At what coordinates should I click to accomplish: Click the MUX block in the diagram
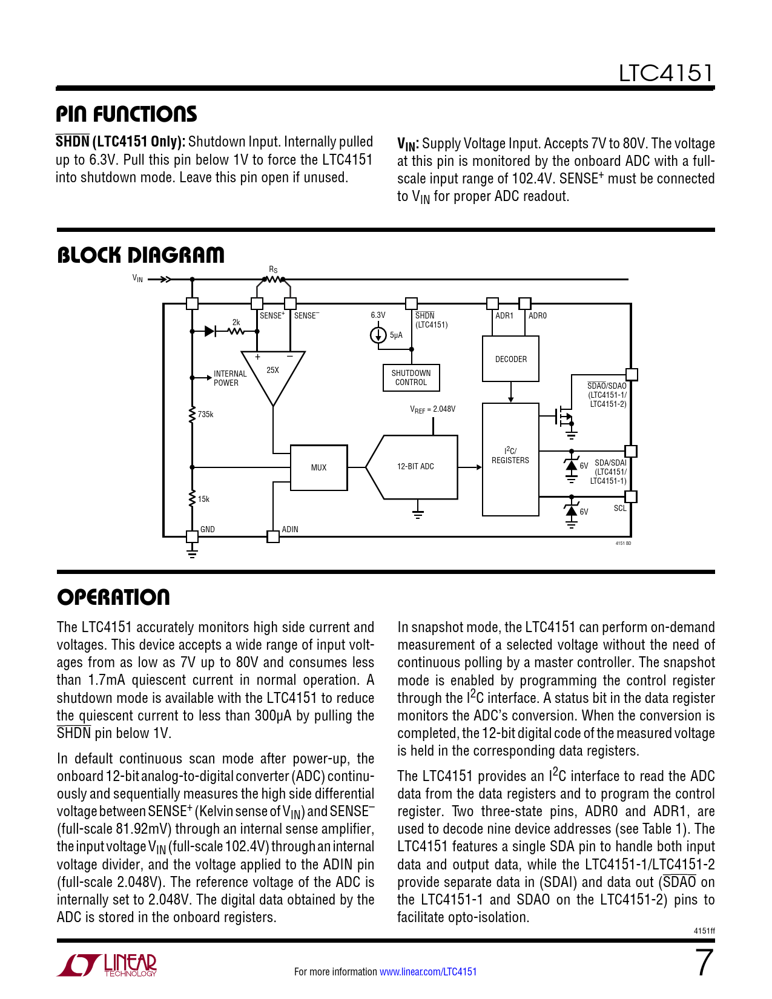pos(319,467)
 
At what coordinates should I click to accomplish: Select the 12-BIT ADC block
pos(415,467)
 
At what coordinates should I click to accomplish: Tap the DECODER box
pos(510,359)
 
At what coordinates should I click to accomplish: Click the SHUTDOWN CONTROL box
pos(411,378)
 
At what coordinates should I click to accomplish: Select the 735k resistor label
pos(205,415)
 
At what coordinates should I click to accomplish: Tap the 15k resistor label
pos(203,499)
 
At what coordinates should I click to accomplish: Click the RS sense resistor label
pos(273,269)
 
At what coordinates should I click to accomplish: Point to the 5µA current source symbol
pos(378,335)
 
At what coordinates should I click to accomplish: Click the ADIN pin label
pos(290,529)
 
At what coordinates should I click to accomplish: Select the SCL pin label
pos(620,508)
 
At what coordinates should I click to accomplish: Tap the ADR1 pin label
pos(504,315)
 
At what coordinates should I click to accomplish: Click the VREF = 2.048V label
pos(432,409)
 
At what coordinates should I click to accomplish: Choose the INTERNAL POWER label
pos(230,378)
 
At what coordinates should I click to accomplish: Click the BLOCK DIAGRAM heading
pos(140,255)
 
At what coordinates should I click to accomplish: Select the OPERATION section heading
pos(113,597)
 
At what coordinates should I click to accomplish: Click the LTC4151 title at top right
pos(665,73)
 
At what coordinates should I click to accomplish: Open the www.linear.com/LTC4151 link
pos(428,972)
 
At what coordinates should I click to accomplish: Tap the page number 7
pos(704,963)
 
